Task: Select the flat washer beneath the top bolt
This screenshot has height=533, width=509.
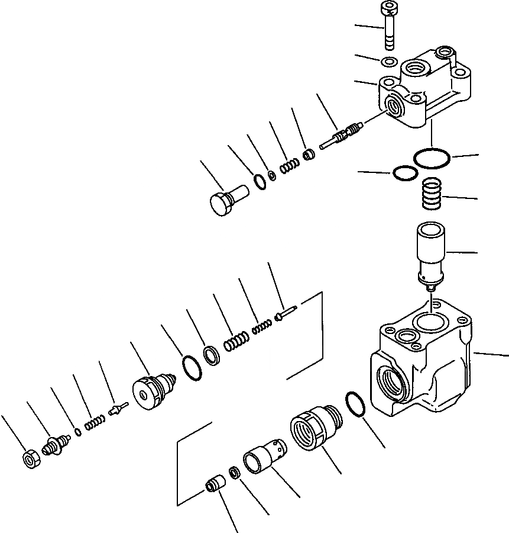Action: (x=389, y=62)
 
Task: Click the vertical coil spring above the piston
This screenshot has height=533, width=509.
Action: (x=432, y=194)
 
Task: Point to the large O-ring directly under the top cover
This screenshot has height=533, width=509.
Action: (x=432, y=158)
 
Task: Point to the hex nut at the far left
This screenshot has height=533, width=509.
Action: (x=30, y=460)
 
